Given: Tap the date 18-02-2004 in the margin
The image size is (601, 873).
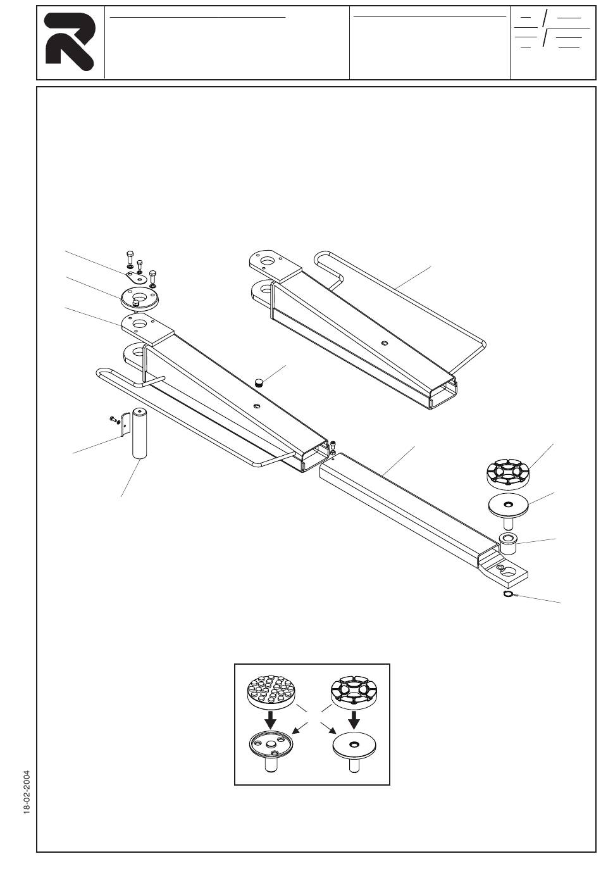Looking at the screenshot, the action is (27, 793).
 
